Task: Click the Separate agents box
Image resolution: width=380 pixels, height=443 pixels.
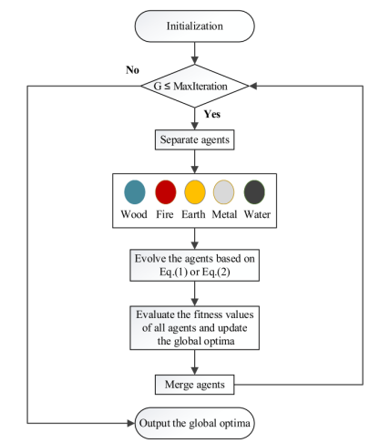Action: point(194,142)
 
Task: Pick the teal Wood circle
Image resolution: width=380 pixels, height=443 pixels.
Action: point(134,193)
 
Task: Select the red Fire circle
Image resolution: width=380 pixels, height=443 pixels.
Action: point(165,193)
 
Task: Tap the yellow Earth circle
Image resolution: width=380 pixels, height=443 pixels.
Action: point(195,193)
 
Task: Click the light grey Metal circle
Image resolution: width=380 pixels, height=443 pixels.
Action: point(225,193)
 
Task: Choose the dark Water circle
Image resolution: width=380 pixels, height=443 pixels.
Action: point(255,193)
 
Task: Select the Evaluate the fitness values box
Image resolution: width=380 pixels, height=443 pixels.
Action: point(195,325)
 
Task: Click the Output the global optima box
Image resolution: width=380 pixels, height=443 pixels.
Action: point(195,423)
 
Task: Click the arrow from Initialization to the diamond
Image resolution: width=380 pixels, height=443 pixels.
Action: point(195,53)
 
